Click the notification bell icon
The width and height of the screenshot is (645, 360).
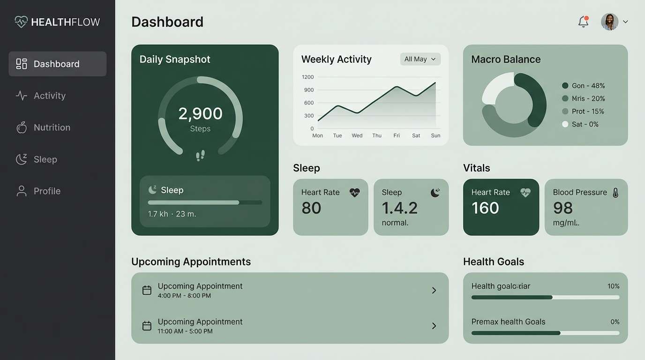(x=583, y=22)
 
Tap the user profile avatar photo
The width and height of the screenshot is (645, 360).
(x=609, y=22)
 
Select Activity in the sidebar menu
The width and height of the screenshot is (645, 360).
(x=49, y=96)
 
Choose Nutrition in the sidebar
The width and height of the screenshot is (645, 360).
(x=52, y=127)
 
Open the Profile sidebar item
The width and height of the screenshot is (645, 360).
(x=47, y=191)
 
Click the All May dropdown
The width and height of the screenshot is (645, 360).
(x=420, y=59)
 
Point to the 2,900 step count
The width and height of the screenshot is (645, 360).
(x=200, y=113)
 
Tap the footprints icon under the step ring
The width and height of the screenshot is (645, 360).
(x=200, y=156)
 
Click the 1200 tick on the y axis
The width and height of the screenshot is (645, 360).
(x=308, y=77)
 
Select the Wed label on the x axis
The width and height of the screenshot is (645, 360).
(x=357, y=135)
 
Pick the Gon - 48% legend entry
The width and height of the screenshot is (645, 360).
(x=584, y=86)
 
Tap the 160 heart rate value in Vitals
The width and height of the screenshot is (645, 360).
(x=485, y=208)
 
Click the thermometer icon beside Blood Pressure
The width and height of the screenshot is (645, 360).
(x=615, y=192)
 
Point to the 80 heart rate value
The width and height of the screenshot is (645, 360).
(x=311, y=208)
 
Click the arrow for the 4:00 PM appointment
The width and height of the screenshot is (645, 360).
(x=434, y=291)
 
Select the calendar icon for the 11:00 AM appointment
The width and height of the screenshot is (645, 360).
(x=147, y=326)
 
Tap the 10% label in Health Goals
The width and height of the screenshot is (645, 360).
(x=613, y=286)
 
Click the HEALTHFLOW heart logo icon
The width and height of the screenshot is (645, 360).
(x=21, y=22)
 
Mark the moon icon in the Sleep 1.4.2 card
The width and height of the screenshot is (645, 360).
(x=435, y=192)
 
